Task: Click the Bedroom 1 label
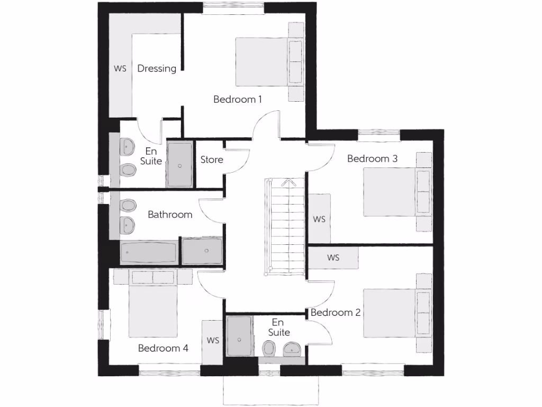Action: [x=238, y=99]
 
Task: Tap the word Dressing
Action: [x=157, y=68]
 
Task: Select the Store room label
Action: [x=212, y=160]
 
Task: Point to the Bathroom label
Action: [x=170, y=215]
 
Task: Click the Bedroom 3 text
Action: [x=372, y=158]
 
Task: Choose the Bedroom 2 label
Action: [x=336, y=313]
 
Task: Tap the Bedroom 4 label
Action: [x=163, y=348]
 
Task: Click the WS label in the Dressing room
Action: [x=120, y=69]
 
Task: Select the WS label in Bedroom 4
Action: [x=213, y=340]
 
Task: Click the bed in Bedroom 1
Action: [x=262, y=61]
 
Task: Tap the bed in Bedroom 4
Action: [x=153, y=307]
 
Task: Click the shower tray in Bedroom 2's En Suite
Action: [x=239, y=337]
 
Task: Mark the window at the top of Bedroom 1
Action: [x=233, y=6]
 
